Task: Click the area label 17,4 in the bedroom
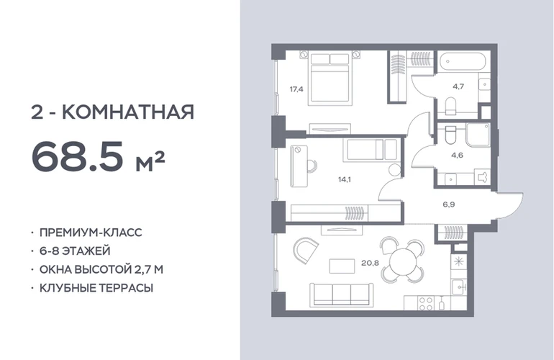296,89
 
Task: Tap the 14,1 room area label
344,180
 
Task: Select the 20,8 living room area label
370,263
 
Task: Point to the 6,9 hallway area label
449,204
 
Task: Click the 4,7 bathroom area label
458,86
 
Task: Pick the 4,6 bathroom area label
457,155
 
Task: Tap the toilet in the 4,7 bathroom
450,106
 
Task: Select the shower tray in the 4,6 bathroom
478,135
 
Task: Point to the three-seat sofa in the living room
342,294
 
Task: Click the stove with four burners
425,303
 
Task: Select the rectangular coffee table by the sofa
342,266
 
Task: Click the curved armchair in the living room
304,249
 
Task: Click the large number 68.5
78,156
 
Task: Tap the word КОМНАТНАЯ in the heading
128,112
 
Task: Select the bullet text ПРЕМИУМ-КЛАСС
91,233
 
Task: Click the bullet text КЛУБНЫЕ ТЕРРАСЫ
96,288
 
